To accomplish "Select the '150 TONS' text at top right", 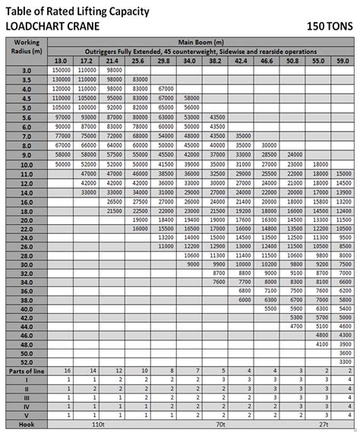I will click(x=328, y=25).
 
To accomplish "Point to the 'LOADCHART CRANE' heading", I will click(x=55, y=25).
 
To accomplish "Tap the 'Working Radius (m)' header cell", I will click(x=27, y=47).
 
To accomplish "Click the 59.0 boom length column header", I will click(x=343, y=60).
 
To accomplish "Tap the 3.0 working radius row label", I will click(x=27, y=70).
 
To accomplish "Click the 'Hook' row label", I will click(x=27, y=425).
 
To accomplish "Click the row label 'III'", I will click(x=27, y=398).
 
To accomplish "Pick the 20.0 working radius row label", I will click(x=27, y=220).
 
